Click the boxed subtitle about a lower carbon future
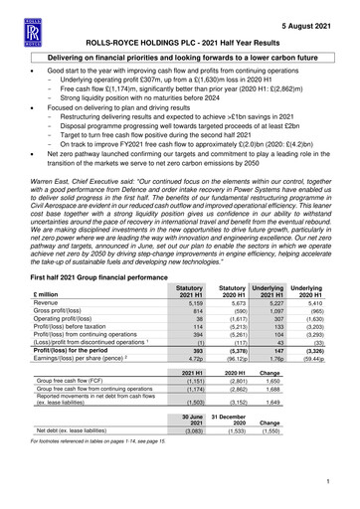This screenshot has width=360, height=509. point(180,60)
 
